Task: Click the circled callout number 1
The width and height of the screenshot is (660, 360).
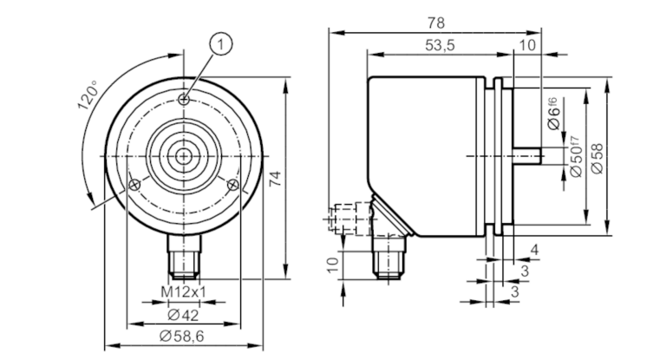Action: click(220, 43)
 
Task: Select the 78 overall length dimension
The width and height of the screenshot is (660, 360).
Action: click(435, 23)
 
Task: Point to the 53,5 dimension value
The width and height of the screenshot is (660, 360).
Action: click(440, 45)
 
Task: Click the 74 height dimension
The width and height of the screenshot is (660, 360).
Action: click(274, 179)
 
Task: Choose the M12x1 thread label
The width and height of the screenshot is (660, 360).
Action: click(184, 291)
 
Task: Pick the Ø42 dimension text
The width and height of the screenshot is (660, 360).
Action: click(183, 315)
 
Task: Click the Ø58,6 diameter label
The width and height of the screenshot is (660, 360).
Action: click(182, 336)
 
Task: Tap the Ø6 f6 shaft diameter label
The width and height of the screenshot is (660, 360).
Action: click(553, 113)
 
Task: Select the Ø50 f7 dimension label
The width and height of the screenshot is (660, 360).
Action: click(574, 157)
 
